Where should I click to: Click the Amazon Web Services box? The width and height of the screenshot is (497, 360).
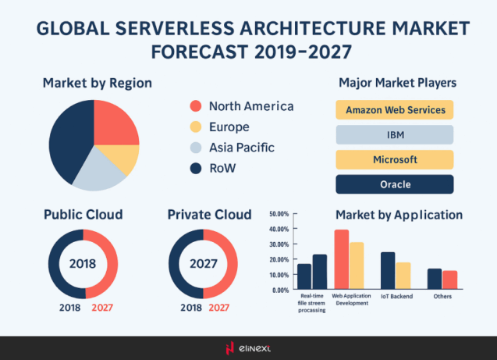(395, 109)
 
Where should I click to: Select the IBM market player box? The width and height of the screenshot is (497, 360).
(395, 134)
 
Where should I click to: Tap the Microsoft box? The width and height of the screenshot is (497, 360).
(395, 159)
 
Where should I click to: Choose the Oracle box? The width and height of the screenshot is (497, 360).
(395, 184)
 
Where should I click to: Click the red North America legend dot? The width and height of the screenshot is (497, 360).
(196, 106)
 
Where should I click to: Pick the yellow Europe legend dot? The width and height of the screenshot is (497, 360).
(196, 127)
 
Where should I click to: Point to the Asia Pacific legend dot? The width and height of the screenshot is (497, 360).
(196, 148)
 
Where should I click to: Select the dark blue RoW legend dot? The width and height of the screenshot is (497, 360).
(196, 168)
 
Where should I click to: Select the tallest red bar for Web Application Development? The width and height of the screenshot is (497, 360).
(341, 259)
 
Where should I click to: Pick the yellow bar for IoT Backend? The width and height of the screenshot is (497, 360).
(403, 276)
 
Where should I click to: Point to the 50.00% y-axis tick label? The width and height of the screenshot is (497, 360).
(278, 214)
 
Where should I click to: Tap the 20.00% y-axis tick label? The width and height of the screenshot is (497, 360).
(278, 259)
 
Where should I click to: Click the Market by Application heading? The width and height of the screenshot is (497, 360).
(399, 215)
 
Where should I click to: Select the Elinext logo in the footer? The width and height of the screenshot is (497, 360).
(248, 348)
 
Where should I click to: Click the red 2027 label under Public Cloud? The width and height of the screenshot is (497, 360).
(103, 307)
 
